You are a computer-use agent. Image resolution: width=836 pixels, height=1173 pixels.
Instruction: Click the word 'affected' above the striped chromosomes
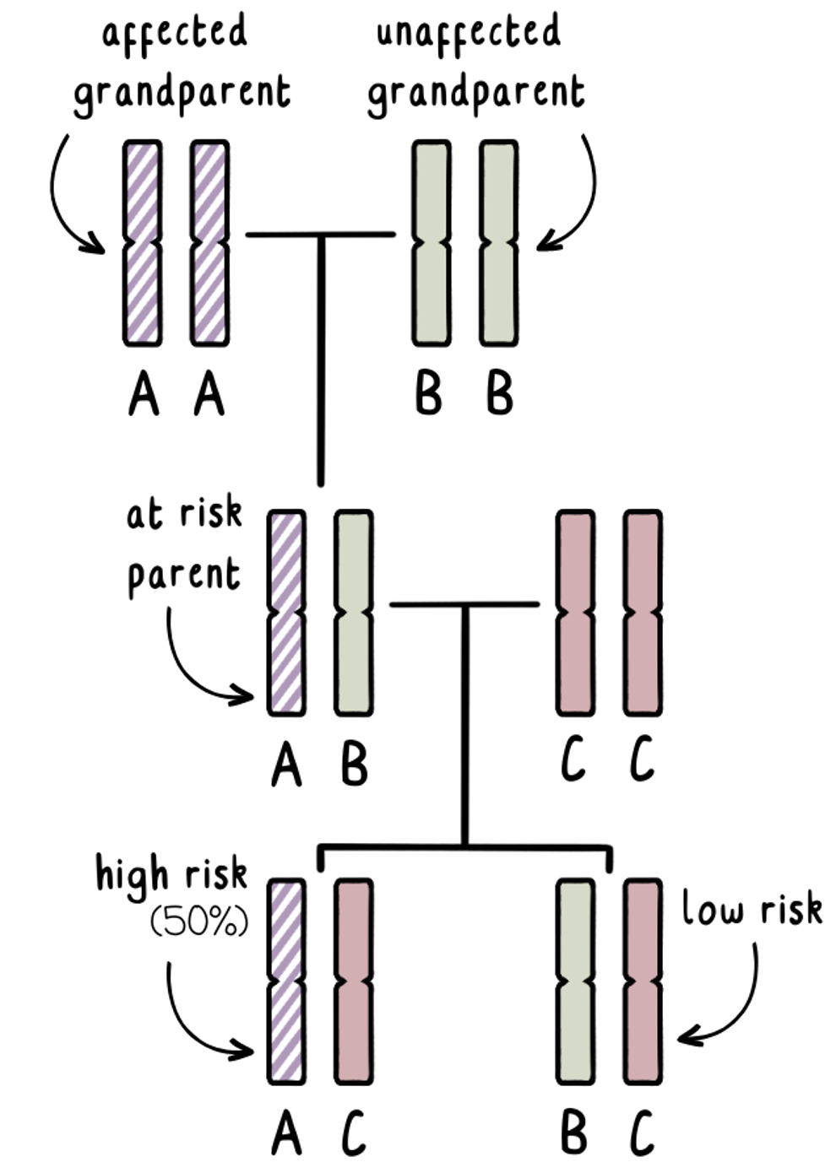[x=175, y=32]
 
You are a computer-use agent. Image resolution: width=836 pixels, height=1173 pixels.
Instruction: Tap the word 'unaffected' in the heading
[x=468, y=32]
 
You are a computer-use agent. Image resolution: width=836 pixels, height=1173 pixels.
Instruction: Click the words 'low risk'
[x=752, y=910]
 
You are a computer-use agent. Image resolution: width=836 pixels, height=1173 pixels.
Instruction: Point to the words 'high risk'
[x=171, y=874]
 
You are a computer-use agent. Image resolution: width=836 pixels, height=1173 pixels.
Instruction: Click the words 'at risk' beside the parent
[x=184, y=514]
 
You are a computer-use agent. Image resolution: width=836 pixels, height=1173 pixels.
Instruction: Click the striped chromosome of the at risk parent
[x=286, y=613]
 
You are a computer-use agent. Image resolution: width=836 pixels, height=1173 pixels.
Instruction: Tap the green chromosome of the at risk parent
[x=354, y=613]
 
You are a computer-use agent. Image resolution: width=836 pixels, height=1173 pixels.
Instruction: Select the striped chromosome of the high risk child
[x=286, y=981]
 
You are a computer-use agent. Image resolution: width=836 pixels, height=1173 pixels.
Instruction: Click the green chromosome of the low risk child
[x=575, y=981]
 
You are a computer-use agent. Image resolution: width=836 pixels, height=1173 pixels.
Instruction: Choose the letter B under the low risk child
[x=574, y=1133]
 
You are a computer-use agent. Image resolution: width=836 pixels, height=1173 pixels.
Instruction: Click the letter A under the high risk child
[x=286, y=1133]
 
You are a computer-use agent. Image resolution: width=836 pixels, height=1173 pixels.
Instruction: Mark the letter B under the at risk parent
[x=354, y=764]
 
